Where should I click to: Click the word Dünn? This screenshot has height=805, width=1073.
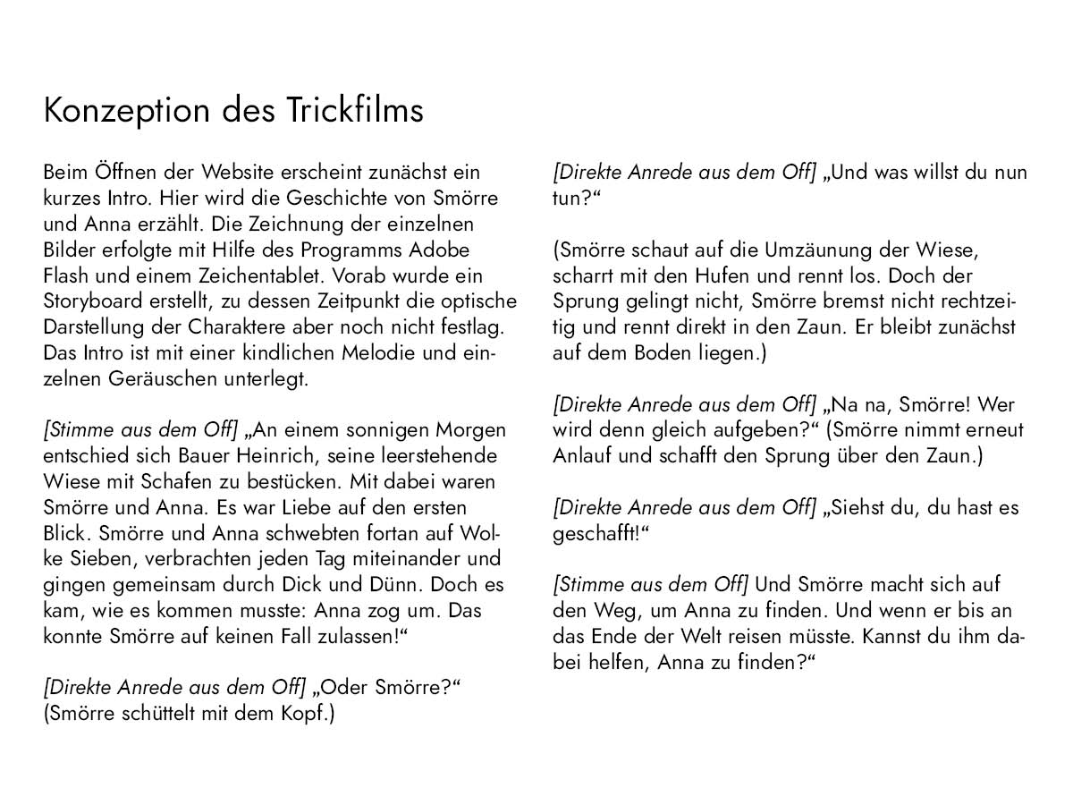click(383, 585)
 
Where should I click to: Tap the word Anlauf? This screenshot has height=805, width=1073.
click(582, 456)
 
